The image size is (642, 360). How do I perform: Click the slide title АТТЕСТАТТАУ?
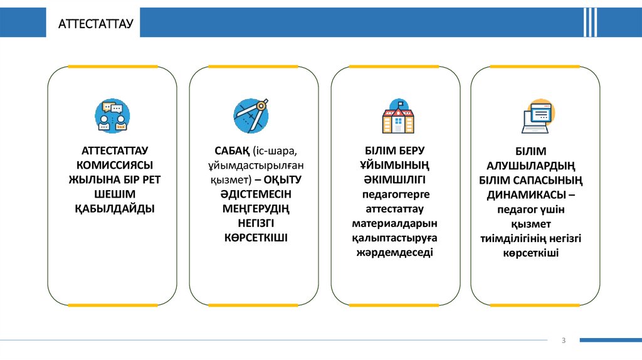(96, 24)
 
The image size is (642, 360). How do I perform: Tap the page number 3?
(563, 340)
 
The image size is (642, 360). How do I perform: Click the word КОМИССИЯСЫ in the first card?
(113, 165)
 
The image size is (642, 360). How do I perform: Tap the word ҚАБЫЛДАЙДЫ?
(113, 208)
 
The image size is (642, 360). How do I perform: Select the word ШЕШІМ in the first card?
(113, 194)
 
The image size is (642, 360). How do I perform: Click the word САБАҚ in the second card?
(233, 151)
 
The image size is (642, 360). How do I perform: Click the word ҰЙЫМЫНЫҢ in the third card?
(395, 165)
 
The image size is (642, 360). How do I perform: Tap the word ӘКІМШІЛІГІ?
(395, 179)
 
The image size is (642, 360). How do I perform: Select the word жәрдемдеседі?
(395, 252)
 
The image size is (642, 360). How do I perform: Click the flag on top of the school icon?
(399, 102)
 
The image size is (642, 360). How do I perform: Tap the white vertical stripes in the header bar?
(589, 23)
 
